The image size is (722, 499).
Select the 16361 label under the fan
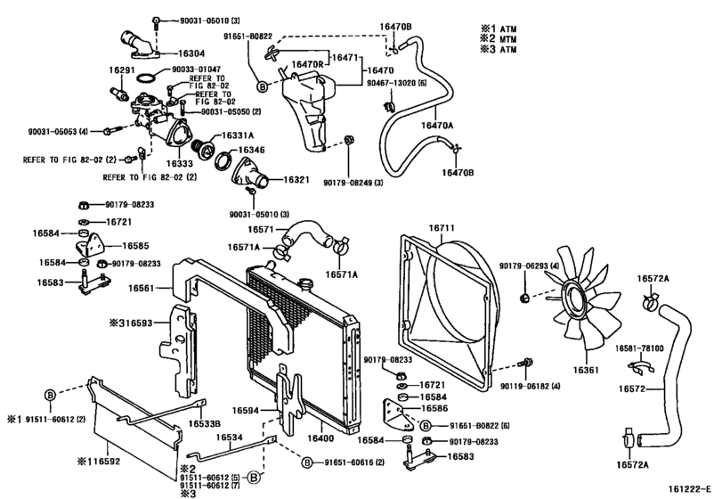tap(587, 369)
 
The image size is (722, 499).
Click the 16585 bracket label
tap(135, 245)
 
